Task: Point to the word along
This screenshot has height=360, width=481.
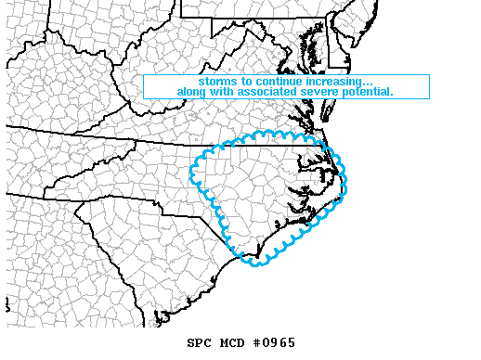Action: point(194,92)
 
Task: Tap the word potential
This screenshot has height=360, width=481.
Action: point(370,92)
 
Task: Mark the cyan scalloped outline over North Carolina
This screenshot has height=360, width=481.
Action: point(193,172)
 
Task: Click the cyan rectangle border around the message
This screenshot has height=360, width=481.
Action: point(143,86)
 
